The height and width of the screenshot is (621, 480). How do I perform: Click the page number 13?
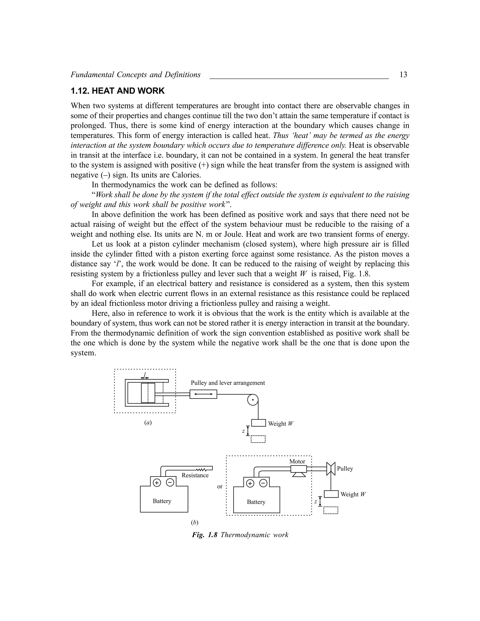point(403,75)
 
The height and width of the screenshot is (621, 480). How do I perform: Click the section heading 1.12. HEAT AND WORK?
point(117,91)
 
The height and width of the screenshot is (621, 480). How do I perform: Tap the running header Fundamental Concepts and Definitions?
point(135,75)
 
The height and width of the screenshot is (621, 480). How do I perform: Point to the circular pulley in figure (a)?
point(252,400)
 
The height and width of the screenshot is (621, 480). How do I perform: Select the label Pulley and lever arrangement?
point(228,383)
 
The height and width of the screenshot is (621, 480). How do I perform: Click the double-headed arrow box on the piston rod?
point(203,394)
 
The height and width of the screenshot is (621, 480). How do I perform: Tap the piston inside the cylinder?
point(148,393)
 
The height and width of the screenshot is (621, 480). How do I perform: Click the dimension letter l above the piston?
point(145,374)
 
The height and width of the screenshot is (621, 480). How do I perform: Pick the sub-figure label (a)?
point(148,423)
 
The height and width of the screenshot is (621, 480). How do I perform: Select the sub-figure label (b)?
point(195,522)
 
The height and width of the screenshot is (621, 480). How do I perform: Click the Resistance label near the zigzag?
point(195,475)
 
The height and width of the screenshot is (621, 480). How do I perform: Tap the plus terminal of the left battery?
point(157,483)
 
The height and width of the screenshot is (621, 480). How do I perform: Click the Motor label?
point(297,461)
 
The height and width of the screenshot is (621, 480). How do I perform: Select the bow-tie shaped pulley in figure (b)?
point(331,469)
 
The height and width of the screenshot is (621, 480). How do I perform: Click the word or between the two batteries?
point(220,486)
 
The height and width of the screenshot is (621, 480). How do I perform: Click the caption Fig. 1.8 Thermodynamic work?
point(240,535)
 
